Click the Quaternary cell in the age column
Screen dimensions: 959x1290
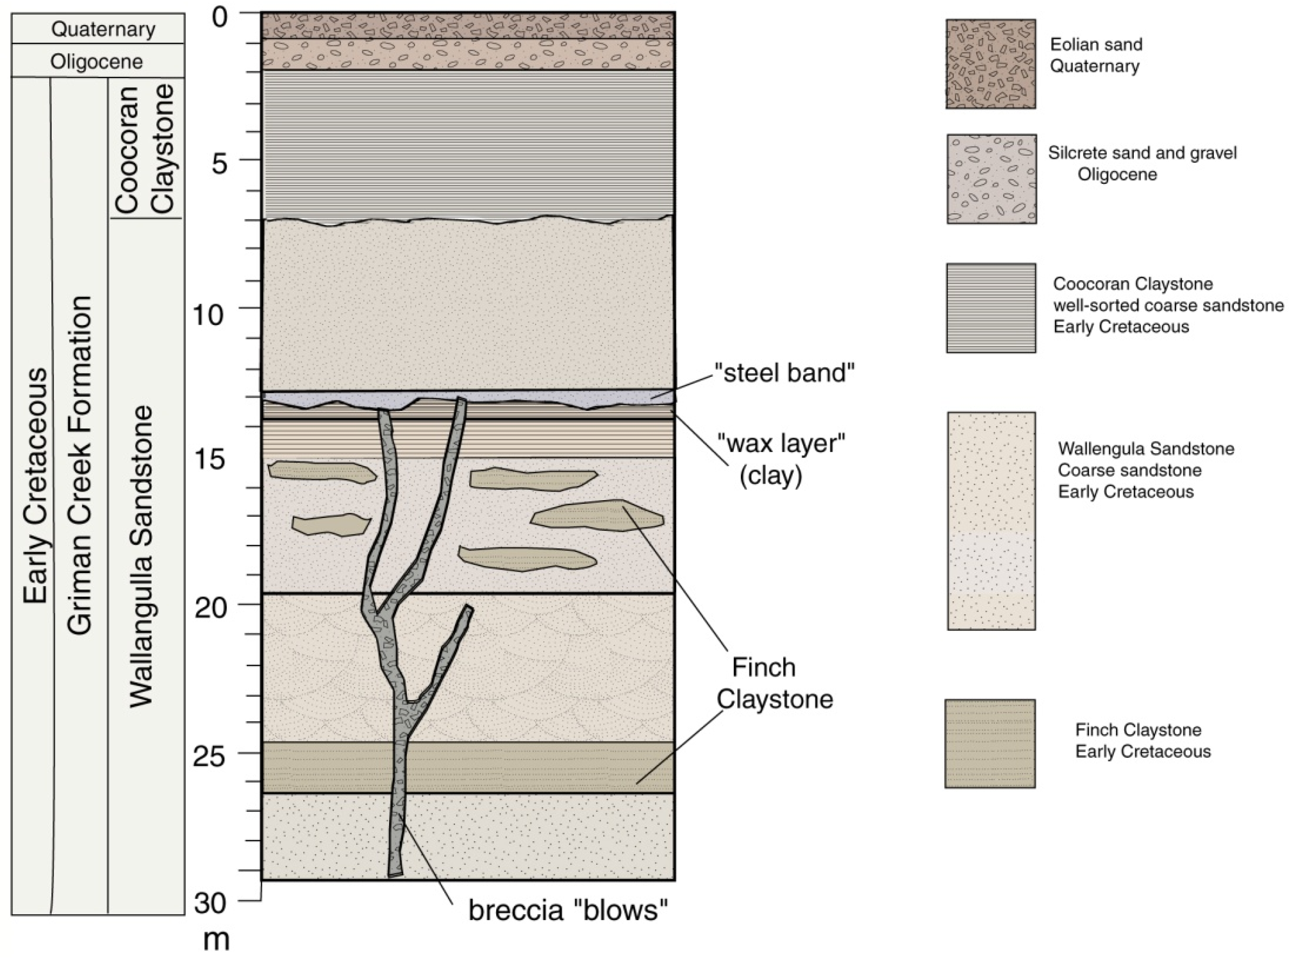[x=103, y=29]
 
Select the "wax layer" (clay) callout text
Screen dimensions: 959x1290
[x=780, y=459]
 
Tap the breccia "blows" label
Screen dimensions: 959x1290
[x=567, y=910]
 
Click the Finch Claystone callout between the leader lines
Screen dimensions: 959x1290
[x=774, y=683]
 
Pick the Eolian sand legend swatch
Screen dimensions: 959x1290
[x=991, y=64]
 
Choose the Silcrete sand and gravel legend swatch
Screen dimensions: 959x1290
[x=991, y=179]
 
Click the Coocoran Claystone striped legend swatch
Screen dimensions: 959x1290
[x=991, y=308]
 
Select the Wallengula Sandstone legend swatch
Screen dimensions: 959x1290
[x=991, y=521]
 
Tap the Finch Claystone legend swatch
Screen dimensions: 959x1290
[x=989, y=743]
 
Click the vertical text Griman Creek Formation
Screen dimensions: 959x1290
[x=79, y=464]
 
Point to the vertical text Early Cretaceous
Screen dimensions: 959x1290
[x=36, y=485]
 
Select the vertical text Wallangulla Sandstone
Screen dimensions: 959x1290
[x=141, y=556]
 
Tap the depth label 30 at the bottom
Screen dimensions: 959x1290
[x=211, y=904]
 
